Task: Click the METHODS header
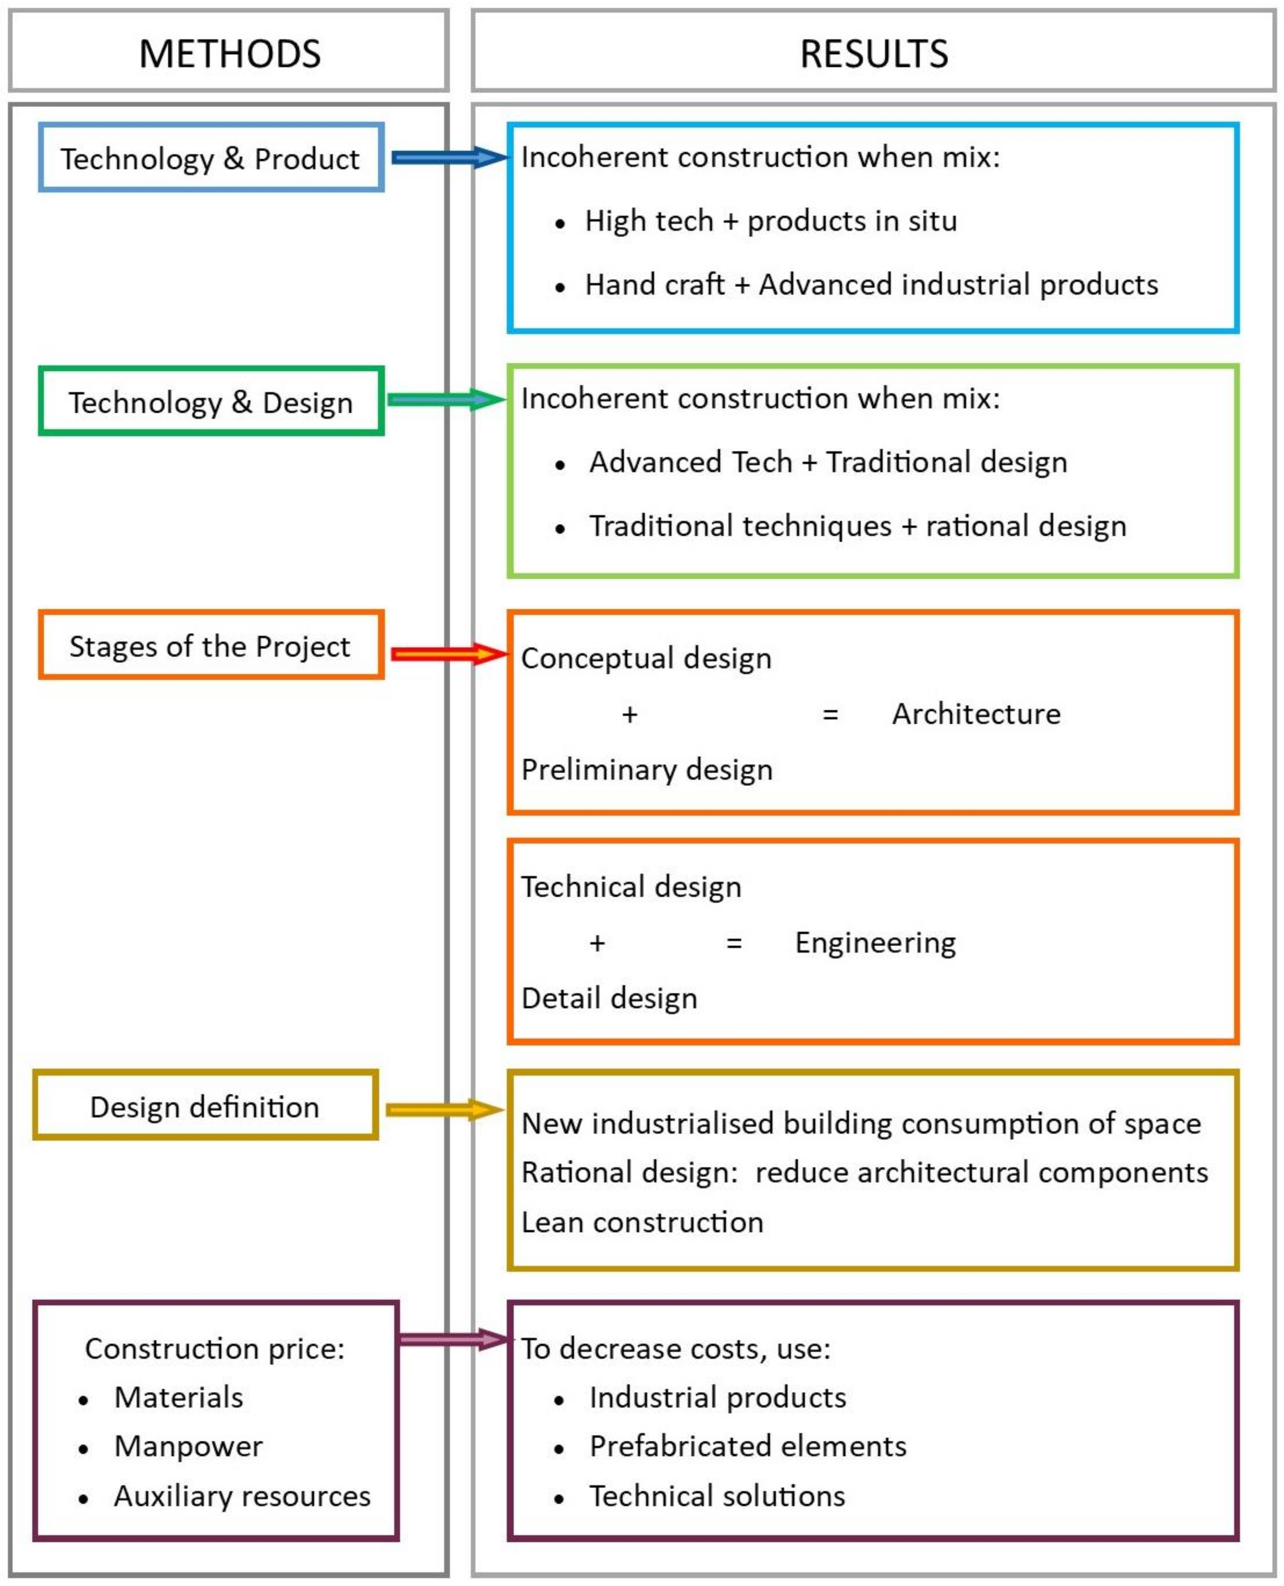[229, 53]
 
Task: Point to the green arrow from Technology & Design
[446, 400]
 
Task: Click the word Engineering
[875, 942]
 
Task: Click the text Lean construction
[642, 1222]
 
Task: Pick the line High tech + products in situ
[771, 221]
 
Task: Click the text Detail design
[609, 998]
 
